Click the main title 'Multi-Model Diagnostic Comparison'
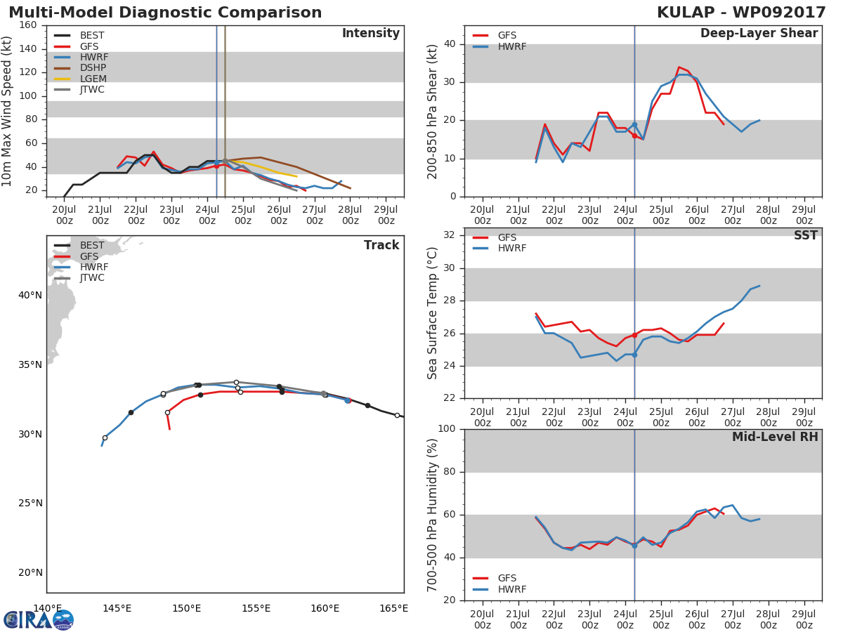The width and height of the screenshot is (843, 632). coord(165,13)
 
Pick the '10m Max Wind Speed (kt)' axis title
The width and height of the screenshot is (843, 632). coord(8,111)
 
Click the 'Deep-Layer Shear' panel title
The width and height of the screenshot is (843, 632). coord(759,34)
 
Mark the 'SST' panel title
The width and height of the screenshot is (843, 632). coord(805,236)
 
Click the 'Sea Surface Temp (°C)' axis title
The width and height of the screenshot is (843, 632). coord(433,313)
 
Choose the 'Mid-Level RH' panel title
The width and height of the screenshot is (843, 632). coord(774,437)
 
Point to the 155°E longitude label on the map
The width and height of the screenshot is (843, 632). coord(256,608)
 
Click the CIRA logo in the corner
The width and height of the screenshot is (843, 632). coord(39,620)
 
